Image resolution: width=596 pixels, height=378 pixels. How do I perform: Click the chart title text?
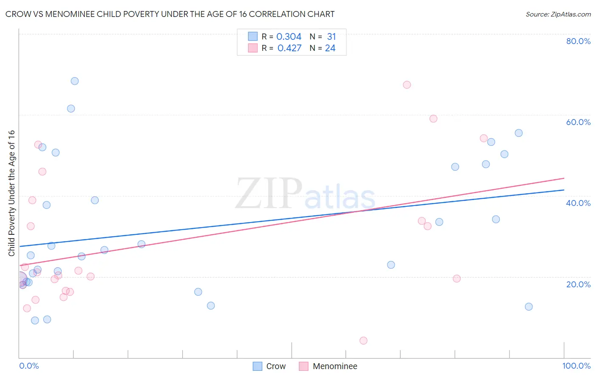[x=170, y=14]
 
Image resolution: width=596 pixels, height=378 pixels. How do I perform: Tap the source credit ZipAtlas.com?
[x=558, y=14]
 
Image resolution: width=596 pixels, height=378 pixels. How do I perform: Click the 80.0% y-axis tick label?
[x=578, y=41]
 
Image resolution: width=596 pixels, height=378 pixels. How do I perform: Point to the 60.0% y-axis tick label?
[x=578, y=122]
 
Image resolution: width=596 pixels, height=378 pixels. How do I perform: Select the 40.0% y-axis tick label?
[x=578, y=203]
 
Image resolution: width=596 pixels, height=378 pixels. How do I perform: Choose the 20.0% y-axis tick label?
[x=578, y=284]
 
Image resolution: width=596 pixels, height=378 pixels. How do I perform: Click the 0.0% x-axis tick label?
[x=29, y=366]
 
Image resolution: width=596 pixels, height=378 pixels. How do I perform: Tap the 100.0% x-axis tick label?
[x=576, y=366]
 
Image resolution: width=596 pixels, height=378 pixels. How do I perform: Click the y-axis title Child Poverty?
[x=11, y=193]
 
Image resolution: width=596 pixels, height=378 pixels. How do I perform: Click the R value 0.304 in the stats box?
[x=289, y=37]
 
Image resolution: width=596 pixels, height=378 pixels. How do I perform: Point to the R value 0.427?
[x=290, y=48]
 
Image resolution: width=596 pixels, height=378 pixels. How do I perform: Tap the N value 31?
[x=331, y=37]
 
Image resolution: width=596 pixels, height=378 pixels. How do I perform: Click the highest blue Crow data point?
[x=75, y=81]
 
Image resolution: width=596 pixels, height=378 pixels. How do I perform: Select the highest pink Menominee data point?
[x=407, y=85]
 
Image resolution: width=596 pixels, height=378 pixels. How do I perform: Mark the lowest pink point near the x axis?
[x=363, y=341]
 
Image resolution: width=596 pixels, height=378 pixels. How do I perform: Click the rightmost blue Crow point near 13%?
[x=529, y=307]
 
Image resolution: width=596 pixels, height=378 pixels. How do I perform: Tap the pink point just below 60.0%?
[x=433, y=119]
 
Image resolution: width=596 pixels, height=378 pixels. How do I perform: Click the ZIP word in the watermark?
[x=269, y=194]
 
